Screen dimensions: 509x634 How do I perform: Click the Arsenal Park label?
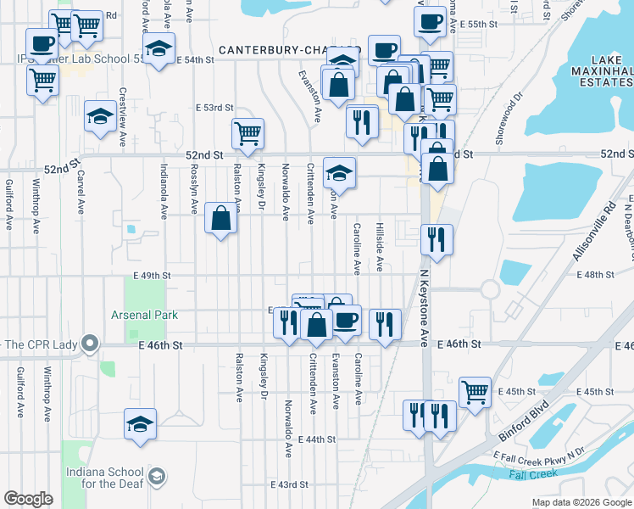point(144,315)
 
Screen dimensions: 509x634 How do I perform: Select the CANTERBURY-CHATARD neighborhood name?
point(288,51)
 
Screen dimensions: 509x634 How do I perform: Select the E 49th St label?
point(152,276)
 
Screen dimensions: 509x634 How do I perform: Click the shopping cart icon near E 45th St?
point(475,391)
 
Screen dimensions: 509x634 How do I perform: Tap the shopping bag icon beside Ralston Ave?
point(220,219)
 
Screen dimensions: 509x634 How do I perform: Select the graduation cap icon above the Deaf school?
point(140,425)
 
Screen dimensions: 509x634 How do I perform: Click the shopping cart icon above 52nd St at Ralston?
point(247,133)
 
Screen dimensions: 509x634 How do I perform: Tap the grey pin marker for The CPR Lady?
point(90,344)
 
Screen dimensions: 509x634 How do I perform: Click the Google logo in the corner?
point(28,499)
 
